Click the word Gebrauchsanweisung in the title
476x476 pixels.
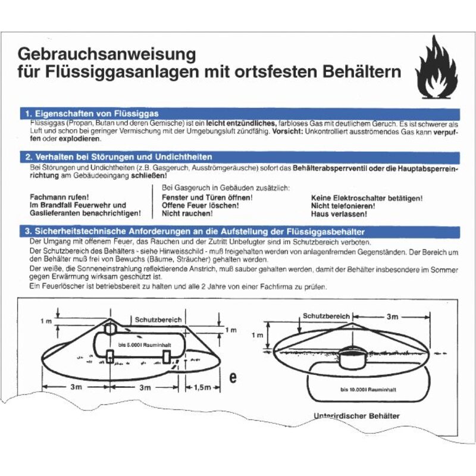click(x=107, y=54)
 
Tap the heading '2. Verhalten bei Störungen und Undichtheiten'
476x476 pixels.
click(x=118, y=157)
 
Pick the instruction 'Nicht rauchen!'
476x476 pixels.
click(x=187, y=213)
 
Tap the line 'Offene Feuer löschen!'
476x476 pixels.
click(x=201, y=205)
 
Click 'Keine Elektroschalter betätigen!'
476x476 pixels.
click(x=367, y=197)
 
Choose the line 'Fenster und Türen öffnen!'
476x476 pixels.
click(x=207, y=197)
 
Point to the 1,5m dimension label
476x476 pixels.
click(x=202, y=387)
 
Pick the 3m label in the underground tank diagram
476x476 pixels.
click(x=392, y=317)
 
